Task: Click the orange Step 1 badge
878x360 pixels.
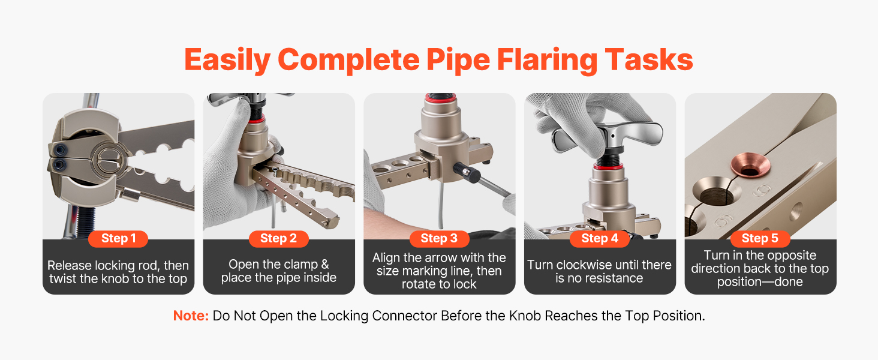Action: tap(118, 238)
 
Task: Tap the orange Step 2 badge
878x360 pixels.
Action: tap(279, 238)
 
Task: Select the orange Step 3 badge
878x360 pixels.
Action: tap(439, 238)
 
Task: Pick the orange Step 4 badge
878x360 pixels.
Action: tap(600, 238)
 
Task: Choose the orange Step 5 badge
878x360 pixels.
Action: tap(760, 238)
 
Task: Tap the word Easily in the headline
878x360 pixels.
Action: tap(227, 61)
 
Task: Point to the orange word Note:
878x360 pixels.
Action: tap(191, 316)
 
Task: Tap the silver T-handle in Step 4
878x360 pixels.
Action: tap(608, 135)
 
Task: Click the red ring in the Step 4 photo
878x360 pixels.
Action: tap(608, 167)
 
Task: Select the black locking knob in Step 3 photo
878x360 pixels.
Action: tap(467, 173)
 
